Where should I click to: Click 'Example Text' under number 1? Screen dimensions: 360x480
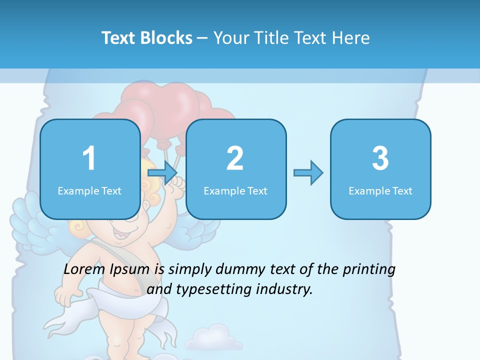point(89,191)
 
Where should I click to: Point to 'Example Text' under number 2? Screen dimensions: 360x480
point(235,191)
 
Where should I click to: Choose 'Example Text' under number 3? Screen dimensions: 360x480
point(380,191)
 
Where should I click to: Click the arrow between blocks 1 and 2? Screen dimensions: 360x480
point(163,173)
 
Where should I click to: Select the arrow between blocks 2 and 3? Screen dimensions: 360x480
point(308,173)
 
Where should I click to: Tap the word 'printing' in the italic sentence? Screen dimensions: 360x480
point(369,269)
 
